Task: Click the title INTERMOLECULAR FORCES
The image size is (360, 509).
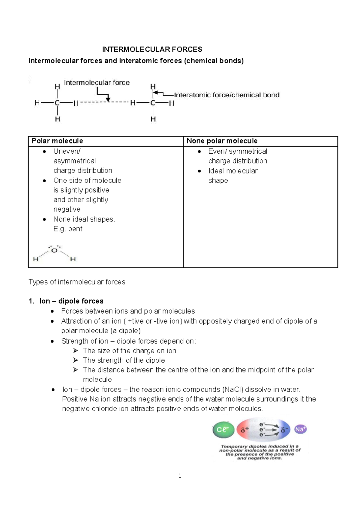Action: click(152, 50)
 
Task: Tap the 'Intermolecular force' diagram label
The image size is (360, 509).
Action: click(97, 83)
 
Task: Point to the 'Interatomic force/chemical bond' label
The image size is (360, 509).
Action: click(226, 95)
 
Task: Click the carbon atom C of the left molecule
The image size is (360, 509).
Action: click(57, 103)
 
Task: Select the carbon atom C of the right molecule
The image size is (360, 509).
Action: click(153, 103)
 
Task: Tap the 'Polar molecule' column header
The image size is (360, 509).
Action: click(57, 141)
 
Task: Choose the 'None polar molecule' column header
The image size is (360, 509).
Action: click(222, 141)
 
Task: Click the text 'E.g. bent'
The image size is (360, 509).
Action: click(68, 229)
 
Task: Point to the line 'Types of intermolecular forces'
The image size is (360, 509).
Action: click(77, 282)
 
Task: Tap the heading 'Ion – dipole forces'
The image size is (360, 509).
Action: click(71, 301)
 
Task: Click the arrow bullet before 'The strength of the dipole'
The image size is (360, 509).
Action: click(76, 360)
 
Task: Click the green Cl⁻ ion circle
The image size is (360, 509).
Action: click(223, 430)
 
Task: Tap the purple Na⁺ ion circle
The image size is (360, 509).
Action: click(300, 429)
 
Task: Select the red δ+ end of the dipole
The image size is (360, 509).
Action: click(245, 430)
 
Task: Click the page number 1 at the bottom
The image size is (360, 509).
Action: click(180, 476)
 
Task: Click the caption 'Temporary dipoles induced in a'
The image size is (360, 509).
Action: click(259, 446)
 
